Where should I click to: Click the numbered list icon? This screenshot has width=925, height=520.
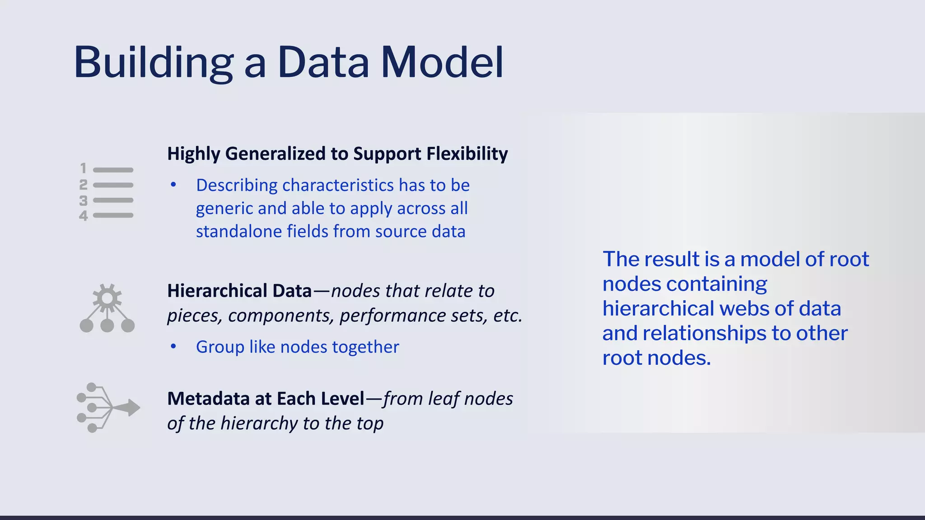tap(107, 192)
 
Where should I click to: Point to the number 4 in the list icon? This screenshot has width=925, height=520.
tap(83, 216)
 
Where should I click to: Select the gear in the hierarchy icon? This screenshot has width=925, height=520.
tap(107, 298)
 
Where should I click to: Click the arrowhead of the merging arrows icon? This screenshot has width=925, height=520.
tap(132, 407)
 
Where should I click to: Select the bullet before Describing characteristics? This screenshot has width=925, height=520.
tap(173, 185)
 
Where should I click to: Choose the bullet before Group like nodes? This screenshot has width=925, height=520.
tap(173, 347)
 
